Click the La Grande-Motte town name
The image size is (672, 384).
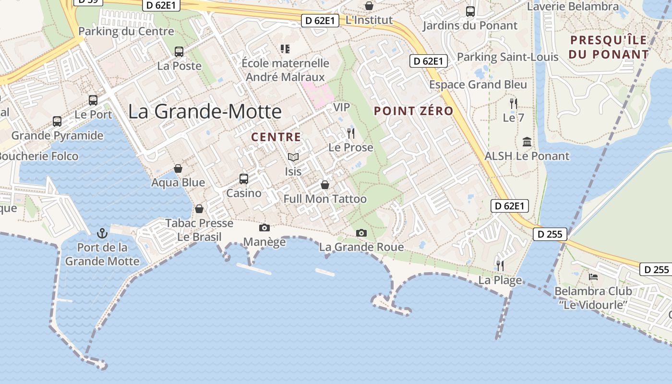[205, 111]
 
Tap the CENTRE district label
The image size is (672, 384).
[276, 137]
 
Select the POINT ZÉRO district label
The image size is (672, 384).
[413, 111]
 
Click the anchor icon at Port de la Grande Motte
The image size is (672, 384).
[102, 233]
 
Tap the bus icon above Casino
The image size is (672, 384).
[244, 179]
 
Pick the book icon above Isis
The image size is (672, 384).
[293, 157]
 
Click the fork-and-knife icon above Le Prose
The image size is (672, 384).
[351, 133]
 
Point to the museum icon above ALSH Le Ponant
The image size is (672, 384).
[527, 142]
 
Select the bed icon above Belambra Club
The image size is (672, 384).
[593, 277]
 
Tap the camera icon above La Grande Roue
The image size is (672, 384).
[361, 233]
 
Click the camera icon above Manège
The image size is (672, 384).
[264, 228]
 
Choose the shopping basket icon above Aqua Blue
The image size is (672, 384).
[178, 168]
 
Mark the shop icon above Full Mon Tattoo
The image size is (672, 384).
[325, 185]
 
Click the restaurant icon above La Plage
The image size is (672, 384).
[500, 265]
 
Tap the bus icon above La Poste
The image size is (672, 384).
[179, 51]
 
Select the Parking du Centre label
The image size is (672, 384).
[126, 32]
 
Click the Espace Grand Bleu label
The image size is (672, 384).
[478, 84]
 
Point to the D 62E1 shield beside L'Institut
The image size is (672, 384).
[320, 21]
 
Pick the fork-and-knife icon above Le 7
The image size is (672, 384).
[514, 103]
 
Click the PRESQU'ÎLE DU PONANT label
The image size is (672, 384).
[608, 47]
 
